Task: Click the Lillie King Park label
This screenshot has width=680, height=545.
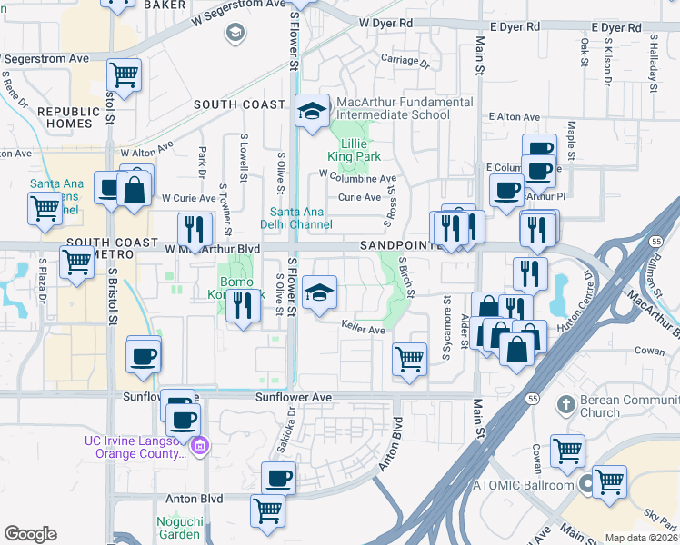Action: pos(360,150)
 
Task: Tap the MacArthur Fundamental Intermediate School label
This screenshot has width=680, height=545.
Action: pos(405,108)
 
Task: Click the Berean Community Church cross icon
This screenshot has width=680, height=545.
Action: pos(565,402)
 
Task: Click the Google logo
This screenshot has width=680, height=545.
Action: pos(30,534)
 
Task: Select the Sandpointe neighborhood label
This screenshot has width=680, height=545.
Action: pos(400,245)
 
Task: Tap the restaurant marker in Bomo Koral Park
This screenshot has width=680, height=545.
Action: pos(241,306)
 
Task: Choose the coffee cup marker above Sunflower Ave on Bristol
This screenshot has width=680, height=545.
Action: pos(144,355)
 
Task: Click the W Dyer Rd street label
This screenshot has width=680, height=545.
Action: pos(385,22)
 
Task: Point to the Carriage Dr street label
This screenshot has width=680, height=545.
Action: pos(405,62)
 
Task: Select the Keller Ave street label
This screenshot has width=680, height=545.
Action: pos(364,328)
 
